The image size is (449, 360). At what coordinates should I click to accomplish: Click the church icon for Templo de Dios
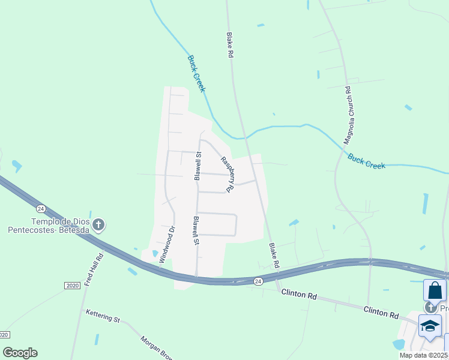pyautogui.click(x=99, y=225)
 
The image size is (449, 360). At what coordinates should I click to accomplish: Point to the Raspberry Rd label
pyautogui.click(x=226, y=174)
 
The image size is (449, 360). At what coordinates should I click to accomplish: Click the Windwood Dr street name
pyautogui.click(x=166, y=245)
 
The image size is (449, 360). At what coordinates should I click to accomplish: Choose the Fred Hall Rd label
pyautogui.click(x=94, y=269)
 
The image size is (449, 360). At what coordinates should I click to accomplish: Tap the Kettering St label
pyautogui.click(x=103, y=316)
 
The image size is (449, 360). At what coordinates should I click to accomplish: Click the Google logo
pyautogui.click(x=20, y=353)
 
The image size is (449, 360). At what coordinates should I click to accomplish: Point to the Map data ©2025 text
pyautogui.click(x=424, y=355)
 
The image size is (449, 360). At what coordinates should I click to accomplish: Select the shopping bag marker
pyautogui.click(x=435, y=290)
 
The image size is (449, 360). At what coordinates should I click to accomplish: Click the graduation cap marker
pyautogui.click(x=430, y=326)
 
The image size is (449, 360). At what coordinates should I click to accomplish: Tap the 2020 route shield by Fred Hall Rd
pyautogui.click(x=72, y=286)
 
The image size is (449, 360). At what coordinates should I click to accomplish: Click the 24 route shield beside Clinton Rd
pyautogui.click(x=258, y=281)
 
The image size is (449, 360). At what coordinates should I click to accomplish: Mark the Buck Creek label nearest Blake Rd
pyautogui.click(x=197, y=74)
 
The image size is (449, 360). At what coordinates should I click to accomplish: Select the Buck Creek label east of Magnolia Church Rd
pyautogui.click(x=366, y=161)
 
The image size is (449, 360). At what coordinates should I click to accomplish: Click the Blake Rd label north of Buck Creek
pyautogui.click(x=229, y=45)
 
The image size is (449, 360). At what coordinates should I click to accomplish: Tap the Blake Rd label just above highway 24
pyautogui.click(x=274, y=255)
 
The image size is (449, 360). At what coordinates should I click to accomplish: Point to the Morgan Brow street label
pyautogui.click(x=155, y=346)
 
